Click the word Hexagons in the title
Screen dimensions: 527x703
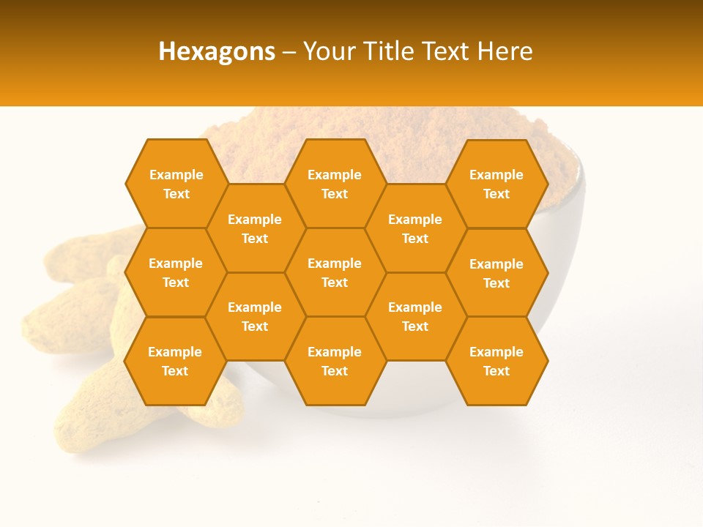coord(217,51)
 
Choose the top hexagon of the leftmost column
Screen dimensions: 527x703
coord(176,184)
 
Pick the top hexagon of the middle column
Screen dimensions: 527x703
coord(335,184)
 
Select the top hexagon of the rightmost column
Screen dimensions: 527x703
coord(496,184)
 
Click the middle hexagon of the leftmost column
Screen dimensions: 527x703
coord(176,272)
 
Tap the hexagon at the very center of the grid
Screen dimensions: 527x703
coord(335,272)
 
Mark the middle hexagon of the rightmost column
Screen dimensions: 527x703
coord(496,273)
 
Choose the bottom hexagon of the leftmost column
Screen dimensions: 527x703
coord(175,361)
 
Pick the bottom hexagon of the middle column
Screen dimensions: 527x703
coord(335,361)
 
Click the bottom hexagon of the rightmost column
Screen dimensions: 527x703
coord(496,361)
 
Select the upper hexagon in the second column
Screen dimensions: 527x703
coord(255,228)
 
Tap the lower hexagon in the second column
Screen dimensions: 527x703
coord(255,316)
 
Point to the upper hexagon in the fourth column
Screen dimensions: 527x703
coord(415,228)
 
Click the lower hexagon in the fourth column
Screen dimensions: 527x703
coord(415,316)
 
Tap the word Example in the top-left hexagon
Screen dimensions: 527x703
coord(176,175)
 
